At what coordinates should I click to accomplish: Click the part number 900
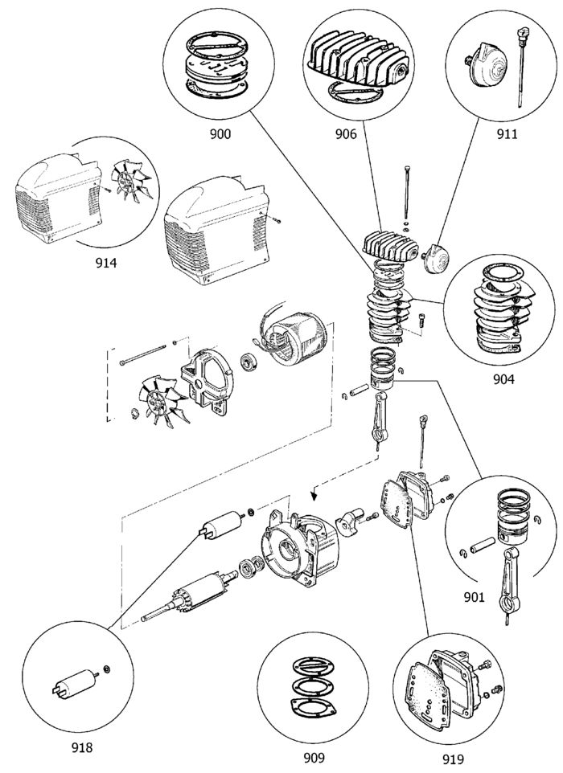click(220, 133)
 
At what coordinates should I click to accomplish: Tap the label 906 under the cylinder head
click(346, 133)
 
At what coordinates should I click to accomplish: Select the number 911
click(508, 133)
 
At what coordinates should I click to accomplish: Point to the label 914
click(106, 263)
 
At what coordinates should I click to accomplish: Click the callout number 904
click(503, 379)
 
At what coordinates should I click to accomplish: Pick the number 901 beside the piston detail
click(475, 598)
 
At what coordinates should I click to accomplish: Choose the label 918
click(81, 748)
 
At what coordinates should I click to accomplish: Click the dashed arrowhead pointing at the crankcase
click(314, 493)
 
